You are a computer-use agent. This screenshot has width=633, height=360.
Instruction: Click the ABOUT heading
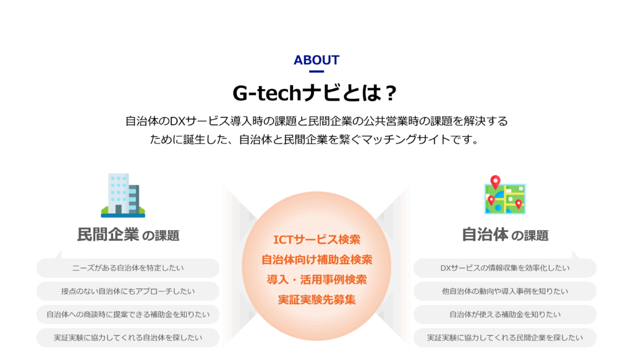(316, 60)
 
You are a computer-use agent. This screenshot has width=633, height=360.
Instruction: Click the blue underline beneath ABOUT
(316, 72)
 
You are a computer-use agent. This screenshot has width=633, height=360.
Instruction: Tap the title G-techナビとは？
(315, 93)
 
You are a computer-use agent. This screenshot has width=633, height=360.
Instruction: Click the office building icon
(123, 195)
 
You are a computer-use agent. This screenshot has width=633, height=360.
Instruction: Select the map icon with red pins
(504, 195)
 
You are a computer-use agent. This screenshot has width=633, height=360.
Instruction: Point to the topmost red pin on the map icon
(495, 182)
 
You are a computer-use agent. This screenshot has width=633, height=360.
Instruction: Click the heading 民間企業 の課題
(128, 235)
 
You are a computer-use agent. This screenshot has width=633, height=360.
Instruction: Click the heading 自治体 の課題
(504, 235)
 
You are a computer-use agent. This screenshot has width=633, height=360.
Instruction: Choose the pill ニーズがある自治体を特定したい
(128, 268)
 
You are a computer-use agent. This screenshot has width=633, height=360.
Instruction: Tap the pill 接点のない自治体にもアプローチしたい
(128, 291)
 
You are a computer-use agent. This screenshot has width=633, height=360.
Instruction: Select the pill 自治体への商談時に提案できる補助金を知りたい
(128, 314)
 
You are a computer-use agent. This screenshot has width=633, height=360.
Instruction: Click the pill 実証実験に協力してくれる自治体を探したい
(128, 338)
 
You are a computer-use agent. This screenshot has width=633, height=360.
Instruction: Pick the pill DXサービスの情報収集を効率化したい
(504, 268)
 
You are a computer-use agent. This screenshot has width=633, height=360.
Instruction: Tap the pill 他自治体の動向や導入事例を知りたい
(504, 291)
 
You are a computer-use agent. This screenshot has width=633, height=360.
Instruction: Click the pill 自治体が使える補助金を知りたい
(504, 314)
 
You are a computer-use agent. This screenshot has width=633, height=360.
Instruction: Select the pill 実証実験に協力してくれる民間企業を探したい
(504, 338)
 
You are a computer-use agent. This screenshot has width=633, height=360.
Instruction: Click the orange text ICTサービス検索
(316, 239)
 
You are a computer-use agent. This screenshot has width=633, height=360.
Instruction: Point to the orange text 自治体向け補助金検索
(316, 259)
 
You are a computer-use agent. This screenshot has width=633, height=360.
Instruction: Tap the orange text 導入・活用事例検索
(316, 280)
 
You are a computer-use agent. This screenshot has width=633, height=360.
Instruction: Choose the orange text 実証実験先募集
(316, 300)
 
